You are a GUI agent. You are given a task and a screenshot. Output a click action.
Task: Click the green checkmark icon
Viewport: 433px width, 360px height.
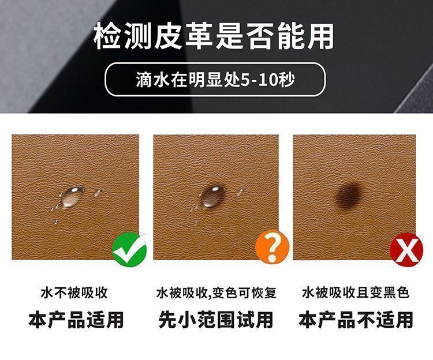point(129,250)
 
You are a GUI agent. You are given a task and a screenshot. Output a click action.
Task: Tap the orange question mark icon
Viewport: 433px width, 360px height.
point(272,247)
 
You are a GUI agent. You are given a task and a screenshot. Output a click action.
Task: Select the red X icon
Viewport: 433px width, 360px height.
point(406,250)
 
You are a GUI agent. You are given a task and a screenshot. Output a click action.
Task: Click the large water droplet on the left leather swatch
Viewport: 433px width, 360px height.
point(72,196)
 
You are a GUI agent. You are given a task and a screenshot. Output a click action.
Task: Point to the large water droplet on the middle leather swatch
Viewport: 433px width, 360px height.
point(213,196)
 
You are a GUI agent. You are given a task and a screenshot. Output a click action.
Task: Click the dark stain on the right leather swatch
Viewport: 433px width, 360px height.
point(349,196)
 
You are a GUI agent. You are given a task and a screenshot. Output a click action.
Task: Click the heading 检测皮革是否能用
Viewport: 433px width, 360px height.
point(214,36)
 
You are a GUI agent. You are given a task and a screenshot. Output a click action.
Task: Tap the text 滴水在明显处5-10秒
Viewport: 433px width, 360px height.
point(215,80)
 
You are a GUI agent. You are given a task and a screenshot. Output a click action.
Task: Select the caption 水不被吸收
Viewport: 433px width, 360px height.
point(74,292)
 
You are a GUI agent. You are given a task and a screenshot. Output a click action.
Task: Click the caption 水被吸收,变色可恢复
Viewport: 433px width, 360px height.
point(216,292)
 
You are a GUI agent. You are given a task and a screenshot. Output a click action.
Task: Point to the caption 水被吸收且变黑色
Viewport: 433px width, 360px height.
point(356,292)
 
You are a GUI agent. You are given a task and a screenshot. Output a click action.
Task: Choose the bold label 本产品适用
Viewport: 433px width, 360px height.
point(76,320)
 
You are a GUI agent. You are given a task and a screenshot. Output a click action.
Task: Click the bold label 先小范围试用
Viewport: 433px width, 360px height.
point(216,320)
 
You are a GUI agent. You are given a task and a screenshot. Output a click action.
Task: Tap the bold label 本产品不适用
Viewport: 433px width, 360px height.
point(356,320)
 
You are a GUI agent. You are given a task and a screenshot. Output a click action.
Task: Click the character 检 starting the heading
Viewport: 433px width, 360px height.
point(108,36)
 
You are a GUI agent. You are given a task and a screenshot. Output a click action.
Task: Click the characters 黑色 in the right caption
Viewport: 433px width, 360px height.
point(396,292)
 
